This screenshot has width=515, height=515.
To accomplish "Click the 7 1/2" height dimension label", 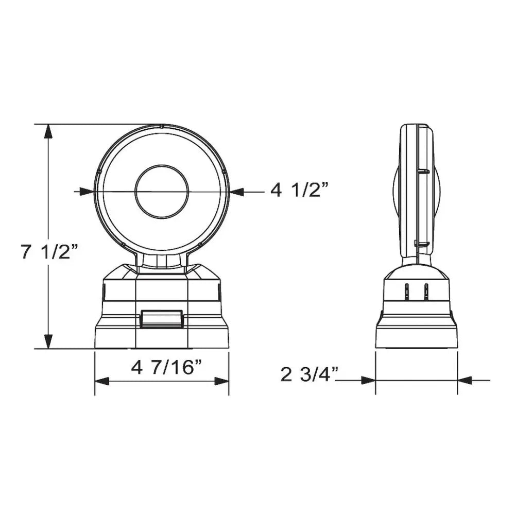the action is point(49,252).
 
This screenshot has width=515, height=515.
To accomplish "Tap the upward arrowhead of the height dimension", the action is point(48,131).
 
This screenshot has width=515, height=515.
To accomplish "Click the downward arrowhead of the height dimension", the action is point(48,341).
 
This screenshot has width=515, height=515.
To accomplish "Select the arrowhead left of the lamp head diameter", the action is point(87,192).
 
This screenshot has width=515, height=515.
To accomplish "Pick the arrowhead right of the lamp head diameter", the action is point(237,192).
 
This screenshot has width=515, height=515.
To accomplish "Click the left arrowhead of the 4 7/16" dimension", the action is point(102,381).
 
